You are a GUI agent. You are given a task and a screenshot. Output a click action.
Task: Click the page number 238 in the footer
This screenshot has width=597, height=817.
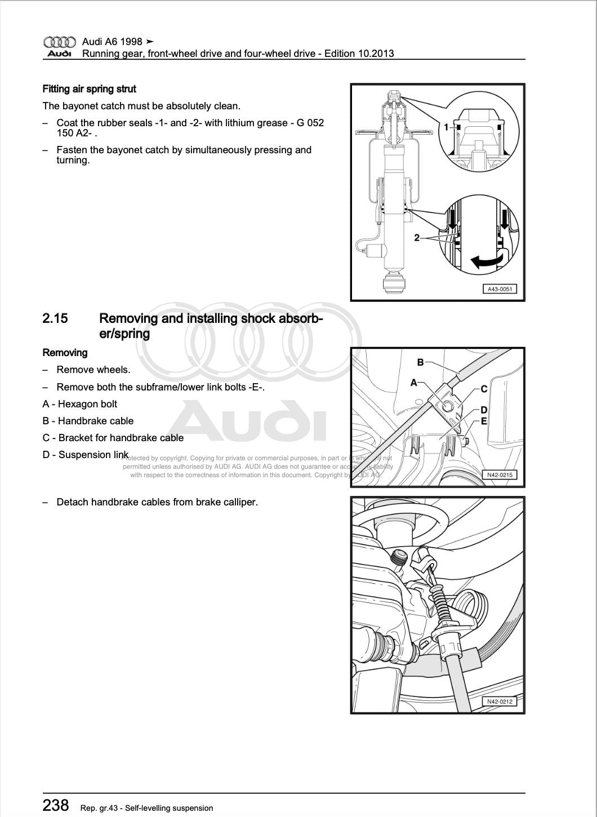click(56, 805)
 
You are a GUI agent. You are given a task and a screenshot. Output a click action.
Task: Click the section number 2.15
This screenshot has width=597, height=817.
click(55, 318)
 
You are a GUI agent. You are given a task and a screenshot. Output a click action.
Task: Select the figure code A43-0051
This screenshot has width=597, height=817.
click(499, 289)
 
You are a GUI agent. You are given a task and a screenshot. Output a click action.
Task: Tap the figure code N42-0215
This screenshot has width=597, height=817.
click(500, 475)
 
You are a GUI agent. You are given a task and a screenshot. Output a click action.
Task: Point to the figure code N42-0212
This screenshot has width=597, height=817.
click(500, 701)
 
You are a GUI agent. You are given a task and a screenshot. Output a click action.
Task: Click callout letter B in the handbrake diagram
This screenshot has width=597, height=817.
click(420, 362)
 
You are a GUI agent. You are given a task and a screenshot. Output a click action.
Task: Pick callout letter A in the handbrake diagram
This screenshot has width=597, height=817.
click(414, 383)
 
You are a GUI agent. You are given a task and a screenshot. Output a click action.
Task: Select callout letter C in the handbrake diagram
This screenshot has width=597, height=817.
click(484, 389)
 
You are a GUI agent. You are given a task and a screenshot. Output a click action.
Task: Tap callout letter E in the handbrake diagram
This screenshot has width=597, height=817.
click(484, 421)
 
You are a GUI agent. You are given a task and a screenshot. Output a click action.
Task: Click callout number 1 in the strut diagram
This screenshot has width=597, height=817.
click(446, 127)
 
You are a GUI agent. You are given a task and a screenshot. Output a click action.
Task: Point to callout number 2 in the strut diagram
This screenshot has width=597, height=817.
click(417, 238)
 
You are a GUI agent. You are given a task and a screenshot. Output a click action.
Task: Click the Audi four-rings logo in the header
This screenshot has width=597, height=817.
click(59, 42)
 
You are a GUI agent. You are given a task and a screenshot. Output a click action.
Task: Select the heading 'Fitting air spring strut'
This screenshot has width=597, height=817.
click(89, 89)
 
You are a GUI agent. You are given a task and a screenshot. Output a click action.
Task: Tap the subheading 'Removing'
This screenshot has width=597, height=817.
click(65, 353)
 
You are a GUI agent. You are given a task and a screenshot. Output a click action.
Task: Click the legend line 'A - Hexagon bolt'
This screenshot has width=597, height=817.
click(79, 404)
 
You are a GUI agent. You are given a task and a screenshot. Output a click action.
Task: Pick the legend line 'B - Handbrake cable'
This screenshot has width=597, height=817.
click(88, 421)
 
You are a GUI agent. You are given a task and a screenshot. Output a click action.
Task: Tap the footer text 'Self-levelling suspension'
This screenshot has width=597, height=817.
click(169, 808)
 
